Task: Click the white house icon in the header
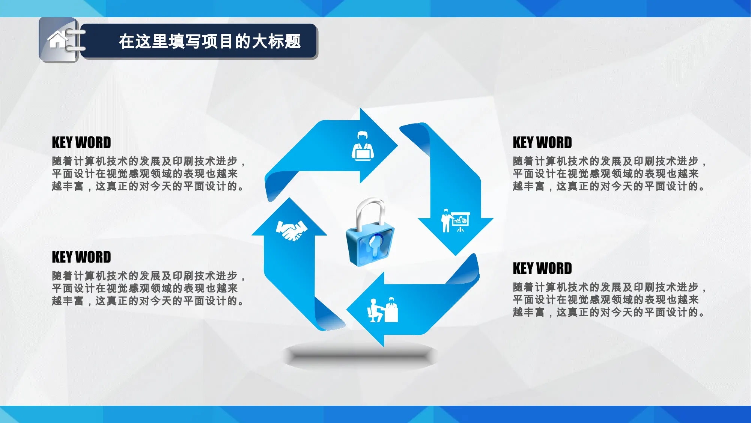point(57,40)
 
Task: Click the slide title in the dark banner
point(210,41)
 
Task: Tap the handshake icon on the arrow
point(292,230)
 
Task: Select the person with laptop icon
point(363,146)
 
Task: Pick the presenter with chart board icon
point(455,221)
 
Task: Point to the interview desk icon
point(382,310)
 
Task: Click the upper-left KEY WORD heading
point(81,143)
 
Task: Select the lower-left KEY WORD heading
point(81,257)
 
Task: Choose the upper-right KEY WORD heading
point(542,143)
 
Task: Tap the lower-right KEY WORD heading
point(542,269)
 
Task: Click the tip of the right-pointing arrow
point(398,145)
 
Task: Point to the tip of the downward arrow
point(456,256)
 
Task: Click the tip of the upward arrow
point(289,198)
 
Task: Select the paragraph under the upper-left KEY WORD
point(149,174)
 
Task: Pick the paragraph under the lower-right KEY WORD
point(610,300)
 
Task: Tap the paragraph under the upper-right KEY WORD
point(610,174)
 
